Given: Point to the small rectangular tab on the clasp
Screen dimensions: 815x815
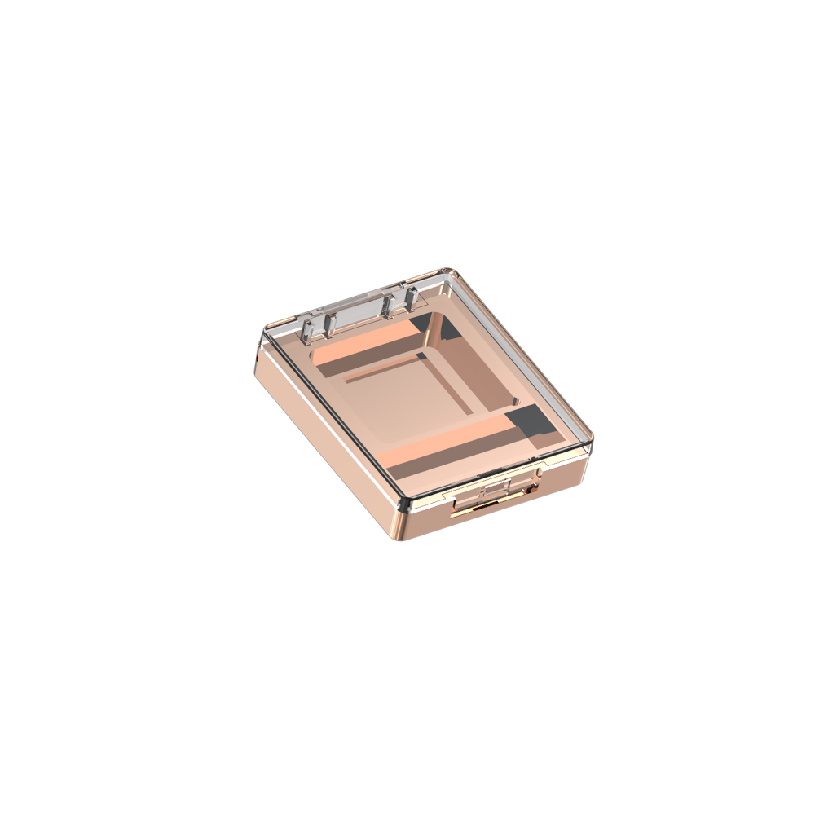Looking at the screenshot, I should [x=496, y=489].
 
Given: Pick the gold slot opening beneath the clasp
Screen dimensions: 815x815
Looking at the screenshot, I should [x=473, y=507].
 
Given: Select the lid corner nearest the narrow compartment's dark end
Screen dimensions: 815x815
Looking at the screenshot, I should [x=588, y=444].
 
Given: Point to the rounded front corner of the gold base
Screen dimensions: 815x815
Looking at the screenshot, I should [x=403, y=522].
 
